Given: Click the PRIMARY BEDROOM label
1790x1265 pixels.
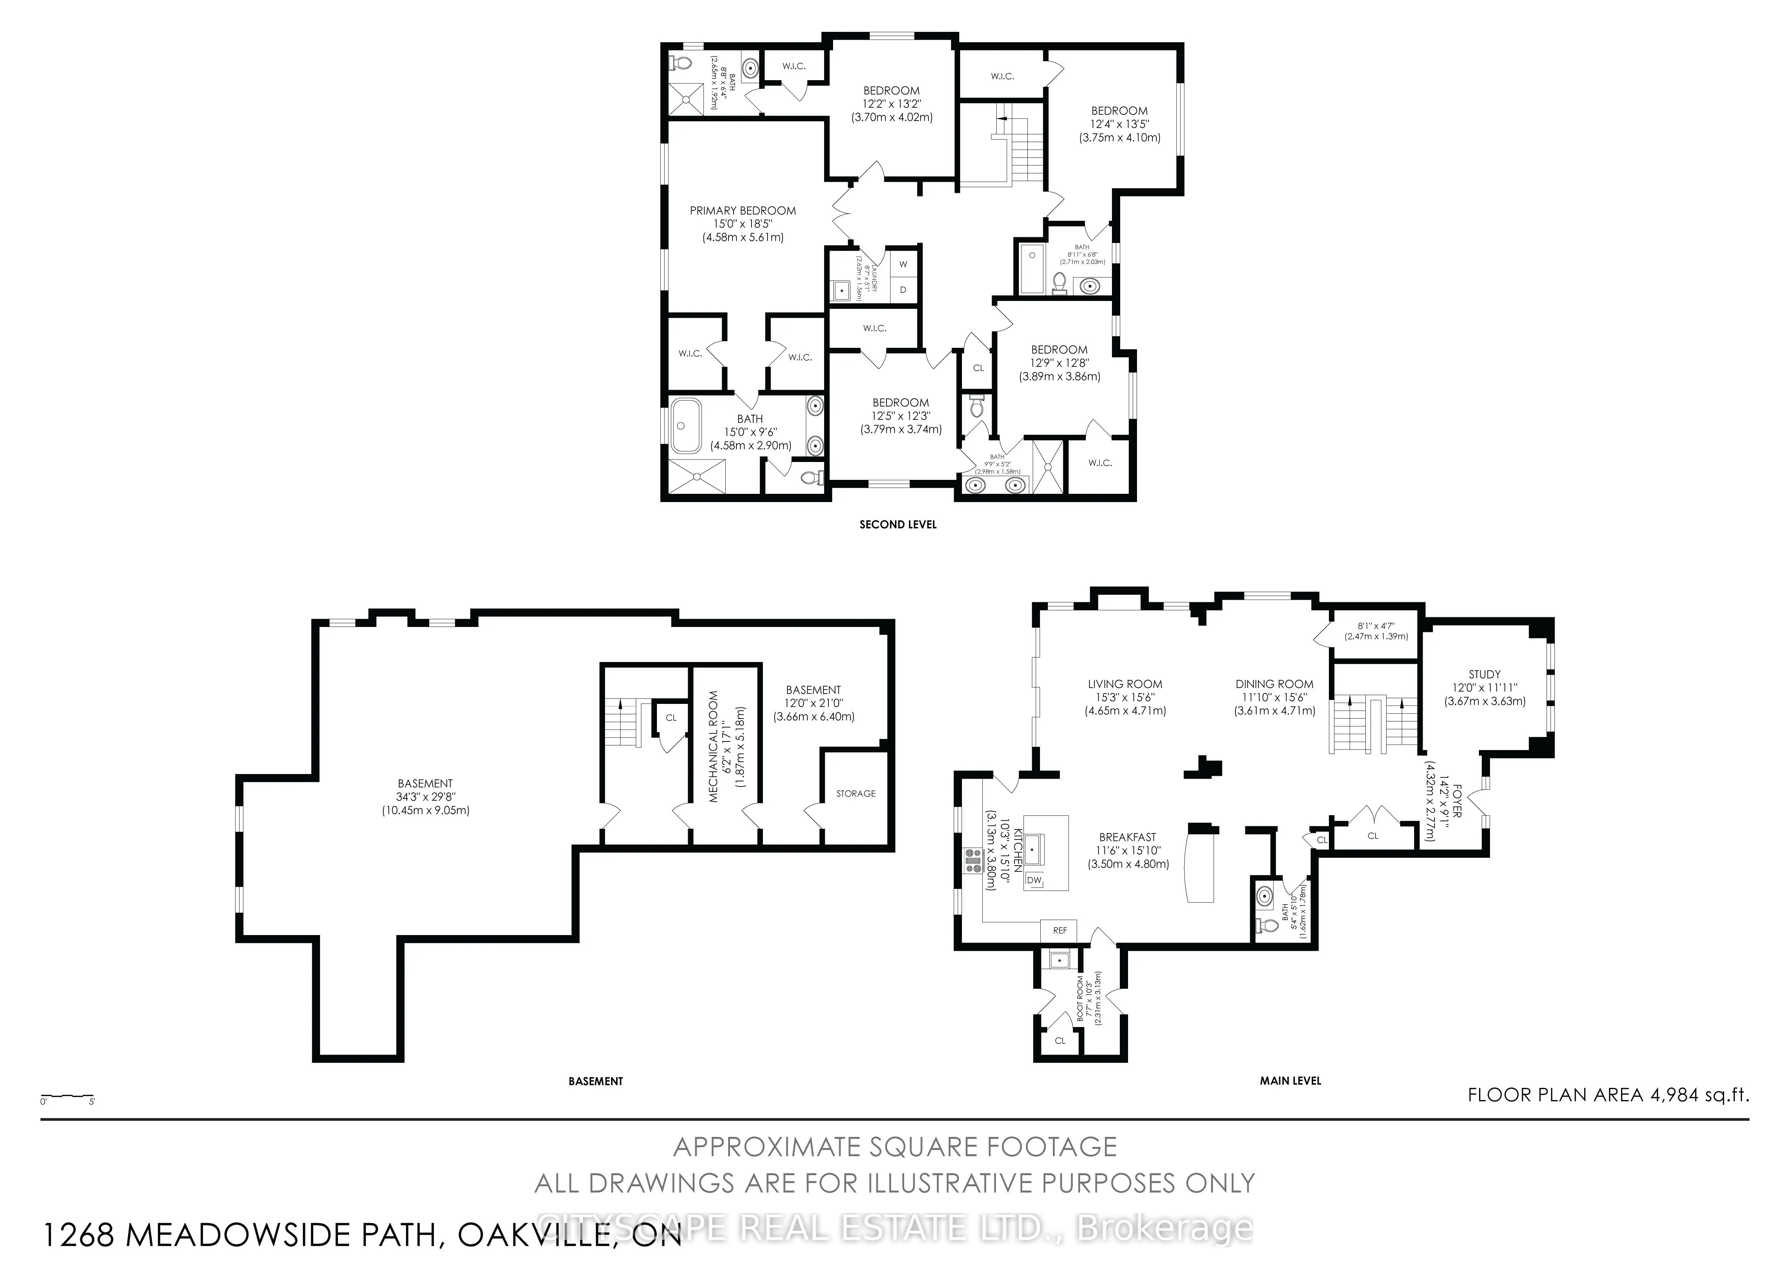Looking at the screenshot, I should [x=742, y=210].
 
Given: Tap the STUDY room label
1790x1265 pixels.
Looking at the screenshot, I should [x=1484, y=674].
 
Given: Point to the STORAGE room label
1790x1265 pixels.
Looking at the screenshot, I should [x=855, y=793].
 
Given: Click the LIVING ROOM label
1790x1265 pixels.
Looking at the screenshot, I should [x=1124, y=684].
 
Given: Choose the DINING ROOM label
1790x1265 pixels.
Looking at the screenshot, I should [x=1274, y=684].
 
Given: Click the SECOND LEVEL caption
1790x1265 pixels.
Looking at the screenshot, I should [x=898, y=525].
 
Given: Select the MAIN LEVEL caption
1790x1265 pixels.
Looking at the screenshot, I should [x=1290, y=1081].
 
